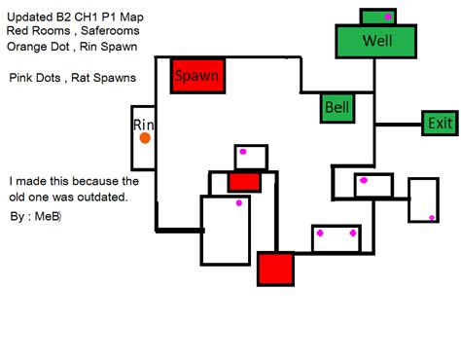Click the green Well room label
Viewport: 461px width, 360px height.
click(x=376, y=41)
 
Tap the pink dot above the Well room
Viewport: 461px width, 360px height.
click(x=388, y=17)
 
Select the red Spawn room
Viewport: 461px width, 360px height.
click(x=197, y=75)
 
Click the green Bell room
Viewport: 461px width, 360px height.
click(x=337, y=107)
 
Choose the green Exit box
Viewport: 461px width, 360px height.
click(x=440, y=124)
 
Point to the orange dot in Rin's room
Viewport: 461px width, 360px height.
click(x=145, y=138)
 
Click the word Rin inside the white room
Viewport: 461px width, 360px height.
click(x=144, y=124)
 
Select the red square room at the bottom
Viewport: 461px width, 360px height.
click(x=275, y=269)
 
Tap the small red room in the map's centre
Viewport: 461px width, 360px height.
click(x=244, y=182)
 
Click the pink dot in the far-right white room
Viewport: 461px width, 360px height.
click(x=433, y=218)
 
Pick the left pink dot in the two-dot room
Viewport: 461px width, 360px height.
click(x=319, y=234)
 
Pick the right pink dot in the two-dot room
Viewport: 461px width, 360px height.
click(x=352, y=234)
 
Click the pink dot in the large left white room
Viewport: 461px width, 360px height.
click(x=238, y=203)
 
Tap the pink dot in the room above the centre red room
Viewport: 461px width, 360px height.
click(x=243, y=152)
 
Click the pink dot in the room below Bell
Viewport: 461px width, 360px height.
click(x=364, y=180)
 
